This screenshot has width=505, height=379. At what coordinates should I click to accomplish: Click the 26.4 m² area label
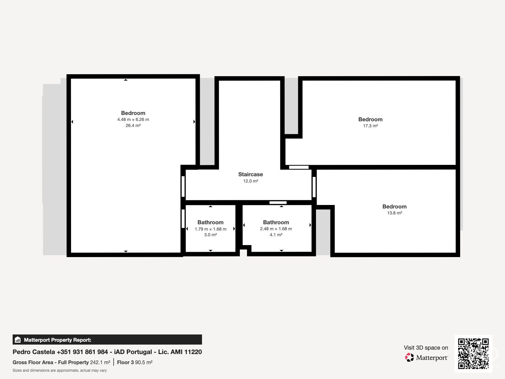133,125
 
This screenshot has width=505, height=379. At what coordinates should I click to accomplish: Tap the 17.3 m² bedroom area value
371,126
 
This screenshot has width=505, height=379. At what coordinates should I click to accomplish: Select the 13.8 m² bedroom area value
394,213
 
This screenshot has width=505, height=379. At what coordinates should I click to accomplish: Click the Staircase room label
251,174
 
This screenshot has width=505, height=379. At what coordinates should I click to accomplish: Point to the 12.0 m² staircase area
251,181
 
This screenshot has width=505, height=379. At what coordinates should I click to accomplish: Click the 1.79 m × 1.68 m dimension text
211,229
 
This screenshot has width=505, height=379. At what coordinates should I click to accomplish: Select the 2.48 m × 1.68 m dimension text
276,229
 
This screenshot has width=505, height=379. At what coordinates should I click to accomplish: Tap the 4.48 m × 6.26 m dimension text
133,119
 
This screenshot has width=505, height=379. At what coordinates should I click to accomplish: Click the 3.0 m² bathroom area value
211,235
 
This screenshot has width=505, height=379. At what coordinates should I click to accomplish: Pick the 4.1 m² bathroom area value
276,235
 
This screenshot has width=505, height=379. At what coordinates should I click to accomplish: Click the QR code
473,353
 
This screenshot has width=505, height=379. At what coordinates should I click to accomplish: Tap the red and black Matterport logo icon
409,358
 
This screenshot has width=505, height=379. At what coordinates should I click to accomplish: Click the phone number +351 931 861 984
82,352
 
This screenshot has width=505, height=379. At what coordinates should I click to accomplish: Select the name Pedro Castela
34,352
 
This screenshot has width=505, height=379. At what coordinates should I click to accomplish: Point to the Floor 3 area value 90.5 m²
144,363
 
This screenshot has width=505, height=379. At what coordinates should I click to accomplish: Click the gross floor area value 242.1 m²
100,363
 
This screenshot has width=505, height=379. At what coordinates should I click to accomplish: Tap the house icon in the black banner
18,340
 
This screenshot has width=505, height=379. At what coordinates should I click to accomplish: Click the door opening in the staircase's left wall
183,186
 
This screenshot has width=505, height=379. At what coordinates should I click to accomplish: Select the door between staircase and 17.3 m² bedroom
299,167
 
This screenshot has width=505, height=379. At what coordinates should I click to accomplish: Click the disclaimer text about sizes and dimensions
60,370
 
